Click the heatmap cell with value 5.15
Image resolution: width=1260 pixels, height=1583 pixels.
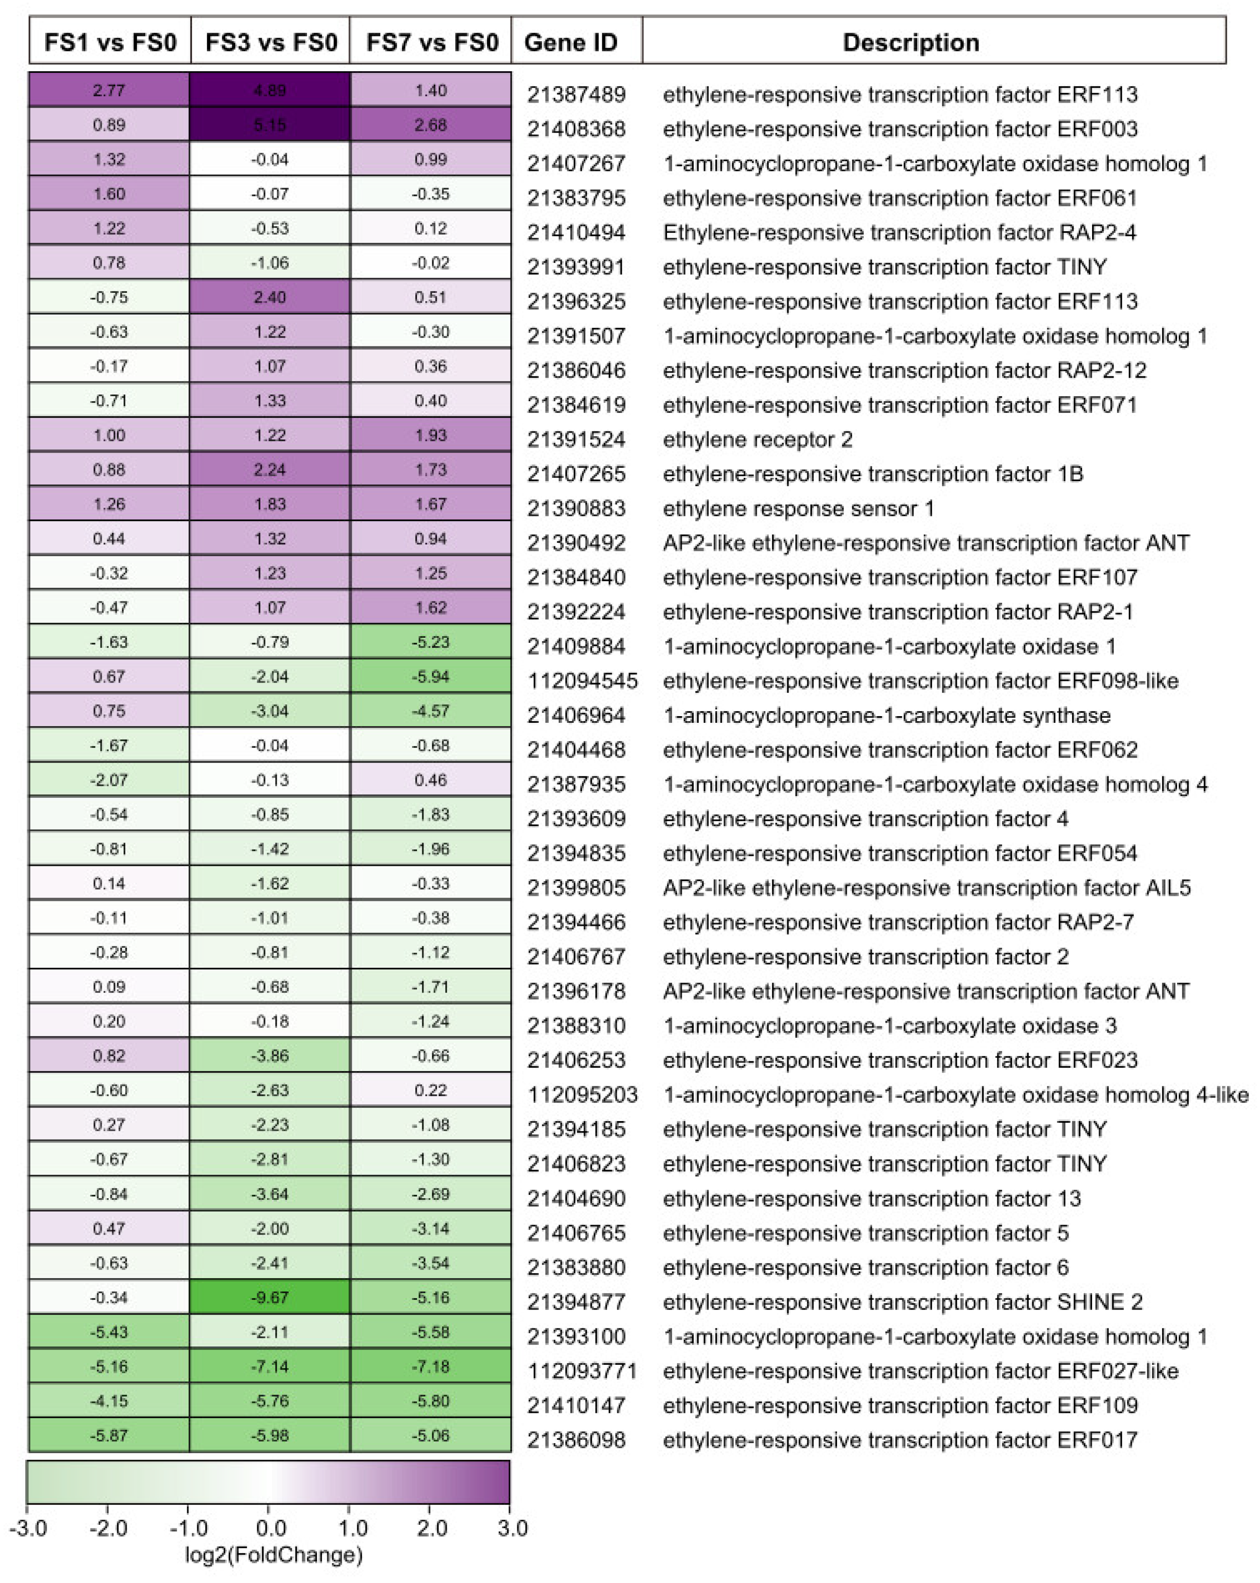click(x=270, y=125)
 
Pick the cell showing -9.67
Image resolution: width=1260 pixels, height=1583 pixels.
click(x=270, y=1297)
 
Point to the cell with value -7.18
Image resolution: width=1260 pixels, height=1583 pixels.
click(x=430, y=1366)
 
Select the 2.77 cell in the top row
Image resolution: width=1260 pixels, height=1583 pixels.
click(x=109, y=90)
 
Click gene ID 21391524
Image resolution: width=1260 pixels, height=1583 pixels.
click(x=576, y=439)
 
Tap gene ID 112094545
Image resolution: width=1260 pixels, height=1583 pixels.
click(x=582, y=681)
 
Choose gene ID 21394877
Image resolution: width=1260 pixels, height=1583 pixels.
click(x=576, y=1302)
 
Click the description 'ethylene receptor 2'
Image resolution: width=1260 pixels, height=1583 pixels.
click(x=758, y=439)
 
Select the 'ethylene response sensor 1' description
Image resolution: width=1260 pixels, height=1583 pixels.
click(x=798, y=508)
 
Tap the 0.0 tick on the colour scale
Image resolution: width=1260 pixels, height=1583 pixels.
click(x=270, y=1528)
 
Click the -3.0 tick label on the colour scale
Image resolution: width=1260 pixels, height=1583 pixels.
click(x=28, y=1528)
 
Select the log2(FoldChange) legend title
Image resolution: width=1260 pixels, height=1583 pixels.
click(x=273, y=1555)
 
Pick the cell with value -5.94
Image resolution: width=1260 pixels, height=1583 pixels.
click(x=430, y=676)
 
